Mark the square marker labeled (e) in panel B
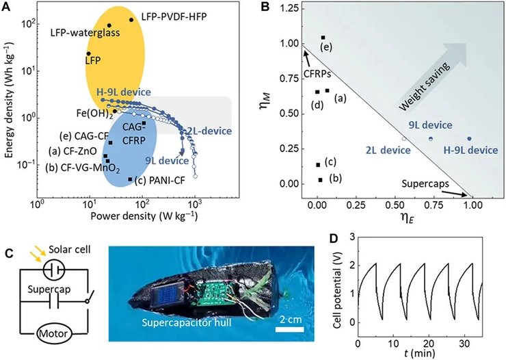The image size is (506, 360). [323, 37]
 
